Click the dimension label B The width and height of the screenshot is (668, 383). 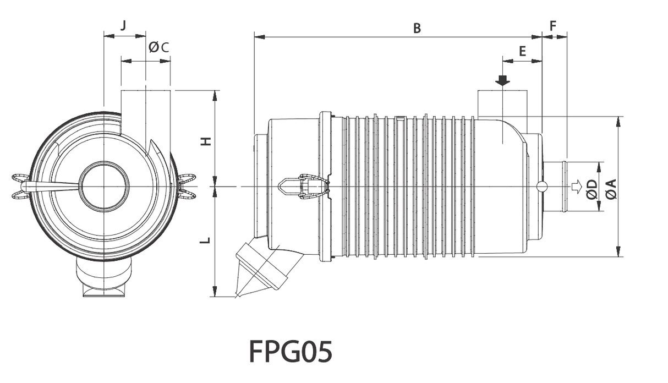(x=417, y=28)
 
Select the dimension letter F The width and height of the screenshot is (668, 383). (x=553, y=26)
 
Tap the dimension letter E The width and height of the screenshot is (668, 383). (x=522, y=51)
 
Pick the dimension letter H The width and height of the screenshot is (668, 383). (x=205, y=141)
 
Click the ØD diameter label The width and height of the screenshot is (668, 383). (x=592, y=189)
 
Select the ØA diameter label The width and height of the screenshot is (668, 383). (x=610, y=189)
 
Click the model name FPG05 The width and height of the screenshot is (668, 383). (x=291, y=351)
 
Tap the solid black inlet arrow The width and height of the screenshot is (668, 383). (x=502, y=80)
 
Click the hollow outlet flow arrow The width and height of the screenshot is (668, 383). (x=577, y=187)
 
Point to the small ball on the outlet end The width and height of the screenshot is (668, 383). (x=542, y=186)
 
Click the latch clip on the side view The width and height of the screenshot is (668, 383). (x=304, y=186)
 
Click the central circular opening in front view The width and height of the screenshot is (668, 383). (x=105, y=187)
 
